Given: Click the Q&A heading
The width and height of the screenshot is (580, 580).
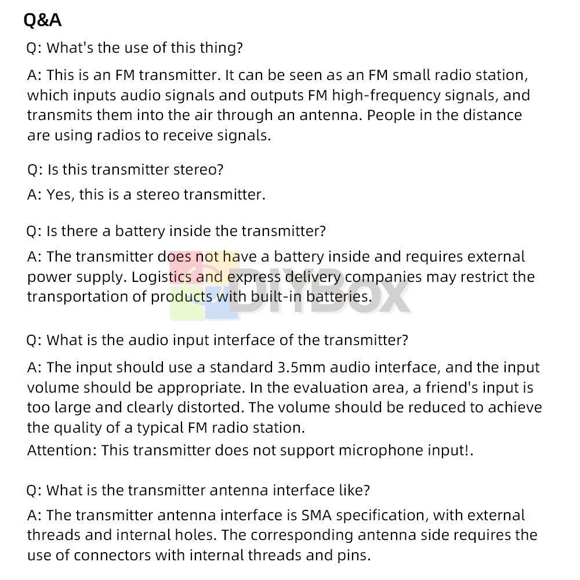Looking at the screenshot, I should [42, 21].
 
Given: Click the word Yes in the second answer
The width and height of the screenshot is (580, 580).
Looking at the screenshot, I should [60, 194].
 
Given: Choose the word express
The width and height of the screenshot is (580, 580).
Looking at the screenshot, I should [253, 277].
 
